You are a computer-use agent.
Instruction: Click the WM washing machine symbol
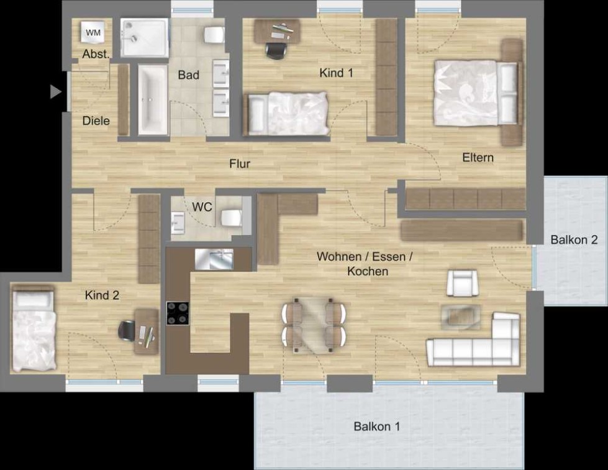(93, 32)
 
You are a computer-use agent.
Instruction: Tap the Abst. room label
(96, 54)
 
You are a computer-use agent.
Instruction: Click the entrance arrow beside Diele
(56, 92)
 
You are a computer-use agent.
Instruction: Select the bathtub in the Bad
(153, 100)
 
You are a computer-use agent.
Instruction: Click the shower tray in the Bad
(145, 38)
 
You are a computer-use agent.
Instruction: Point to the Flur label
(240, 164)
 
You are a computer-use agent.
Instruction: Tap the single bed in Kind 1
(286, 114)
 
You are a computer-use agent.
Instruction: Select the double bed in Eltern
(478, 93)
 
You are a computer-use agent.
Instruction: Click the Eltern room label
(478, 158)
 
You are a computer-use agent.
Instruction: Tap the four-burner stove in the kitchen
(178, 314)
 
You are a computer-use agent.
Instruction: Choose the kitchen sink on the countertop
(214, 259)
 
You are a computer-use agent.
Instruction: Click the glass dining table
(314, 325)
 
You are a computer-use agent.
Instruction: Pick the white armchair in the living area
(462, 283)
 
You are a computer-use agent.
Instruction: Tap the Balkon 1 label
(376, 427)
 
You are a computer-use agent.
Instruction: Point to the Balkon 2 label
(574, 240)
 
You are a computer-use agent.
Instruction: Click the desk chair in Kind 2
(127, 331)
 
